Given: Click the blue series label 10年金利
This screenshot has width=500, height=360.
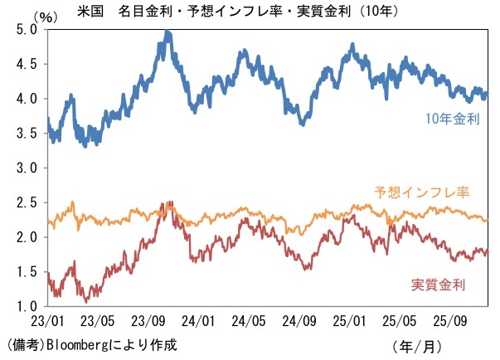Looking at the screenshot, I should coord(453,119).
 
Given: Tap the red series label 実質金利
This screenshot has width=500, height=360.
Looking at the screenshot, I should coord(439,285).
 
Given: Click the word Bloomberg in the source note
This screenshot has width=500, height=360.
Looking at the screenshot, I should coord(76,343).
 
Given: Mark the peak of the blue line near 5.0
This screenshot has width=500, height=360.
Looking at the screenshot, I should coord(167,33).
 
